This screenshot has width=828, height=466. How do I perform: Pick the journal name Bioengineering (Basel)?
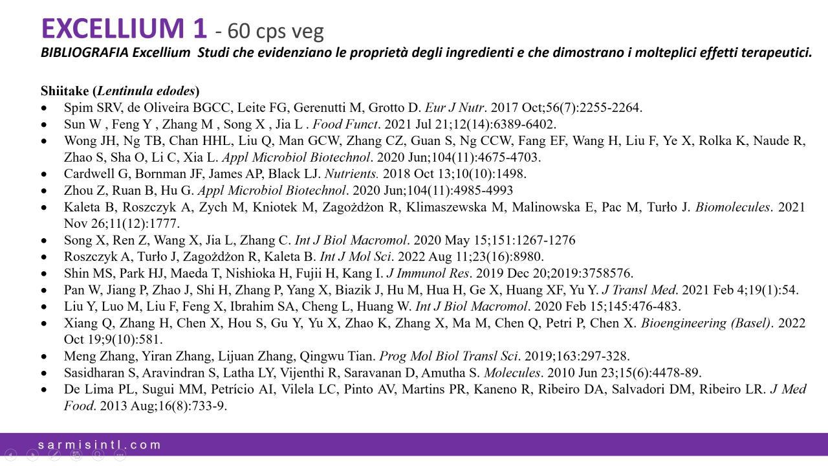click(706, 323)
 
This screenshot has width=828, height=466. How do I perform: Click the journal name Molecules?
click(512, 373)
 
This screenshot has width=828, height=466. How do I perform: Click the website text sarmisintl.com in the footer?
click(99, 445)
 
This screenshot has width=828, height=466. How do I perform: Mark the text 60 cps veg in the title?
click(279, 30)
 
